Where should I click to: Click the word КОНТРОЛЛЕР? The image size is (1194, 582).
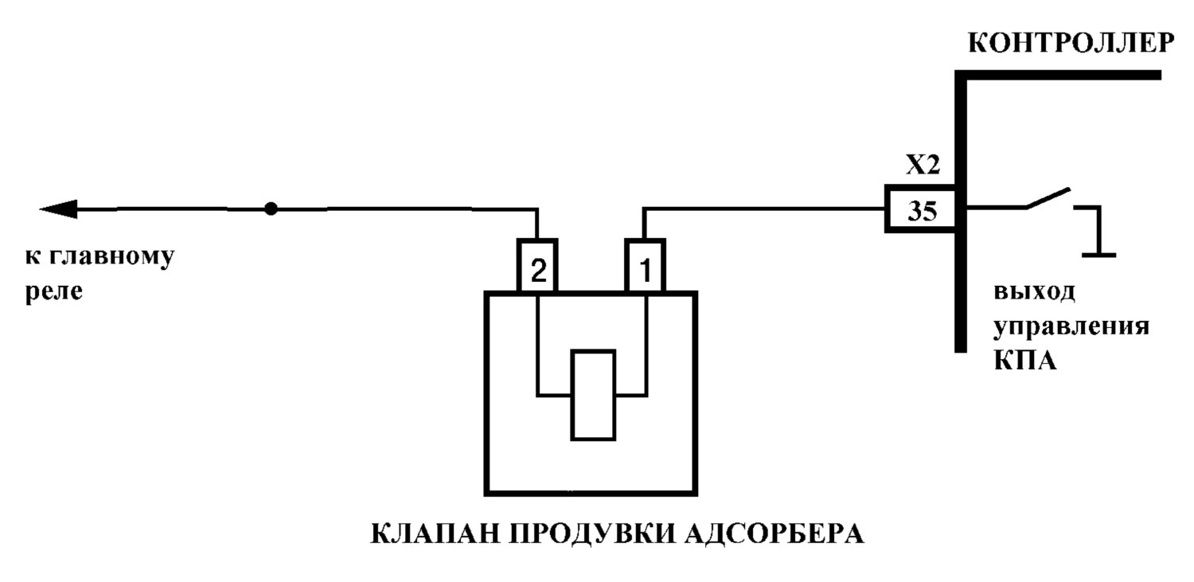1071,43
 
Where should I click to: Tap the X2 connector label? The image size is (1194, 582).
923,166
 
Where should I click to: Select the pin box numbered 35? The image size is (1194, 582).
920,209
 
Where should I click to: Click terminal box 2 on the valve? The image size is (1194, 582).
537,265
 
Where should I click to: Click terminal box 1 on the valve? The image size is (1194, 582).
645,265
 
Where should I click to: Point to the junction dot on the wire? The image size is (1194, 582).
271,209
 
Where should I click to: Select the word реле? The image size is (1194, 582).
54,291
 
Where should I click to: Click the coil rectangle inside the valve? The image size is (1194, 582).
593,395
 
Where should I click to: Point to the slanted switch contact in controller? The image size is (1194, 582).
1048,197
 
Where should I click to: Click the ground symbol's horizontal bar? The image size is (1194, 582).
1099,256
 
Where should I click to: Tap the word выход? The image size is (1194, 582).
1034,291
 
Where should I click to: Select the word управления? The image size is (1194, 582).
1071,326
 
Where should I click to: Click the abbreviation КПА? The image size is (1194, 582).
1025,361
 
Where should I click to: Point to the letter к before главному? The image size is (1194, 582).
33,257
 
